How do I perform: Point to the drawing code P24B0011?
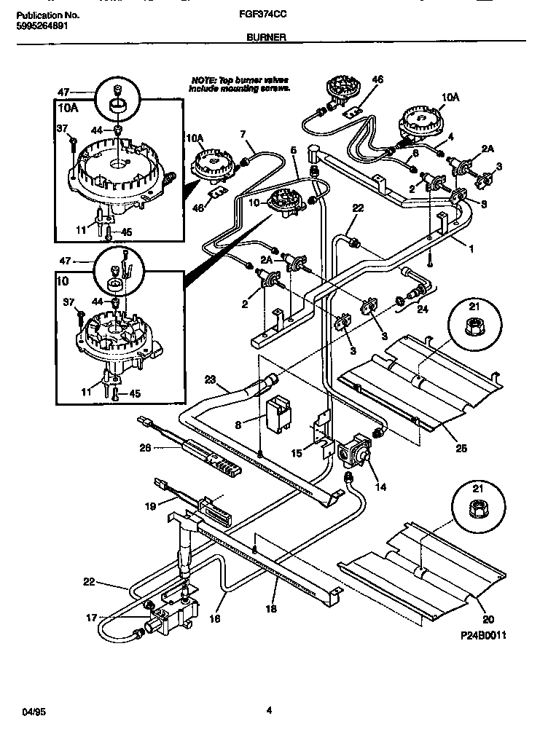click(x=483, y=635)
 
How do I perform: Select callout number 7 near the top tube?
click(x=243, y=133)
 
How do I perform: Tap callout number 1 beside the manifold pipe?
click(x=471, y=249)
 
